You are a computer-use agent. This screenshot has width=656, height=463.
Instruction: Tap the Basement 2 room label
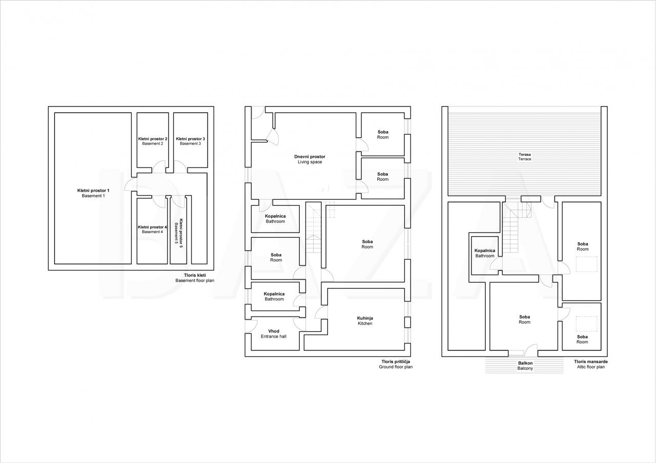153,144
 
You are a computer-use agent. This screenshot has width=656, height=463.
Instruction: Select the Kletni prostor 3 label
190,139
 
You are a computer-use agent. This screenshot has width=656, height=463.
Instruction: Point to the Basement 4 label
152,232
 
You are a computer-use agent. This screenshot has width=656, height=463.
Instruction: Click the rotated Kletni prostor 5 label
181,233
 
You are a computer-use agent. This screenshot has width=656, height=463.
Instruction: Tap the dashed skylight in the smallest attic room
587,324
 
